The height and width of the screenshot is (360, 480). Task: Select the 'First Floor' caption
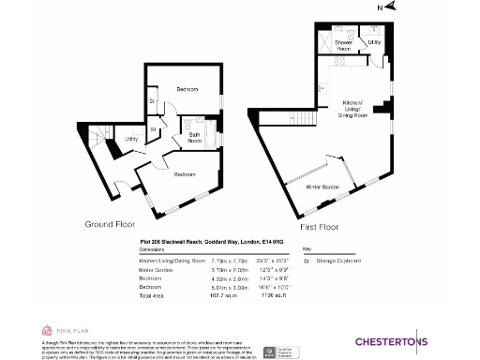coord(322,227)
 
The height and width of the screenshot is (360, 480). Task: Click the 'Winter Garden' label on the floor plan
coord(322,187)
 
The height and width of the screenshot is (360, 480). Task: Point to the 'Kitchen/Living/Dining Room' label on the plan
coord(353,109)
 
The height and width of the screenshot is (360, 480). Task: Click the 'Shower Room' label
coord(343,44)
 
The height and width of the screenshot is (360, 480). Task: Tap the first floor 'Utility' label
coord(374,42)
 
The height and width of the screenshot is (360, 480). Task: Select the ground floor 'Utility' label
coord(131,139)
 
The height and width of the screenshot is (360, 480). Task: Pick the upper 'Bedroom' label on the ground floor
coord(187,89)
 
